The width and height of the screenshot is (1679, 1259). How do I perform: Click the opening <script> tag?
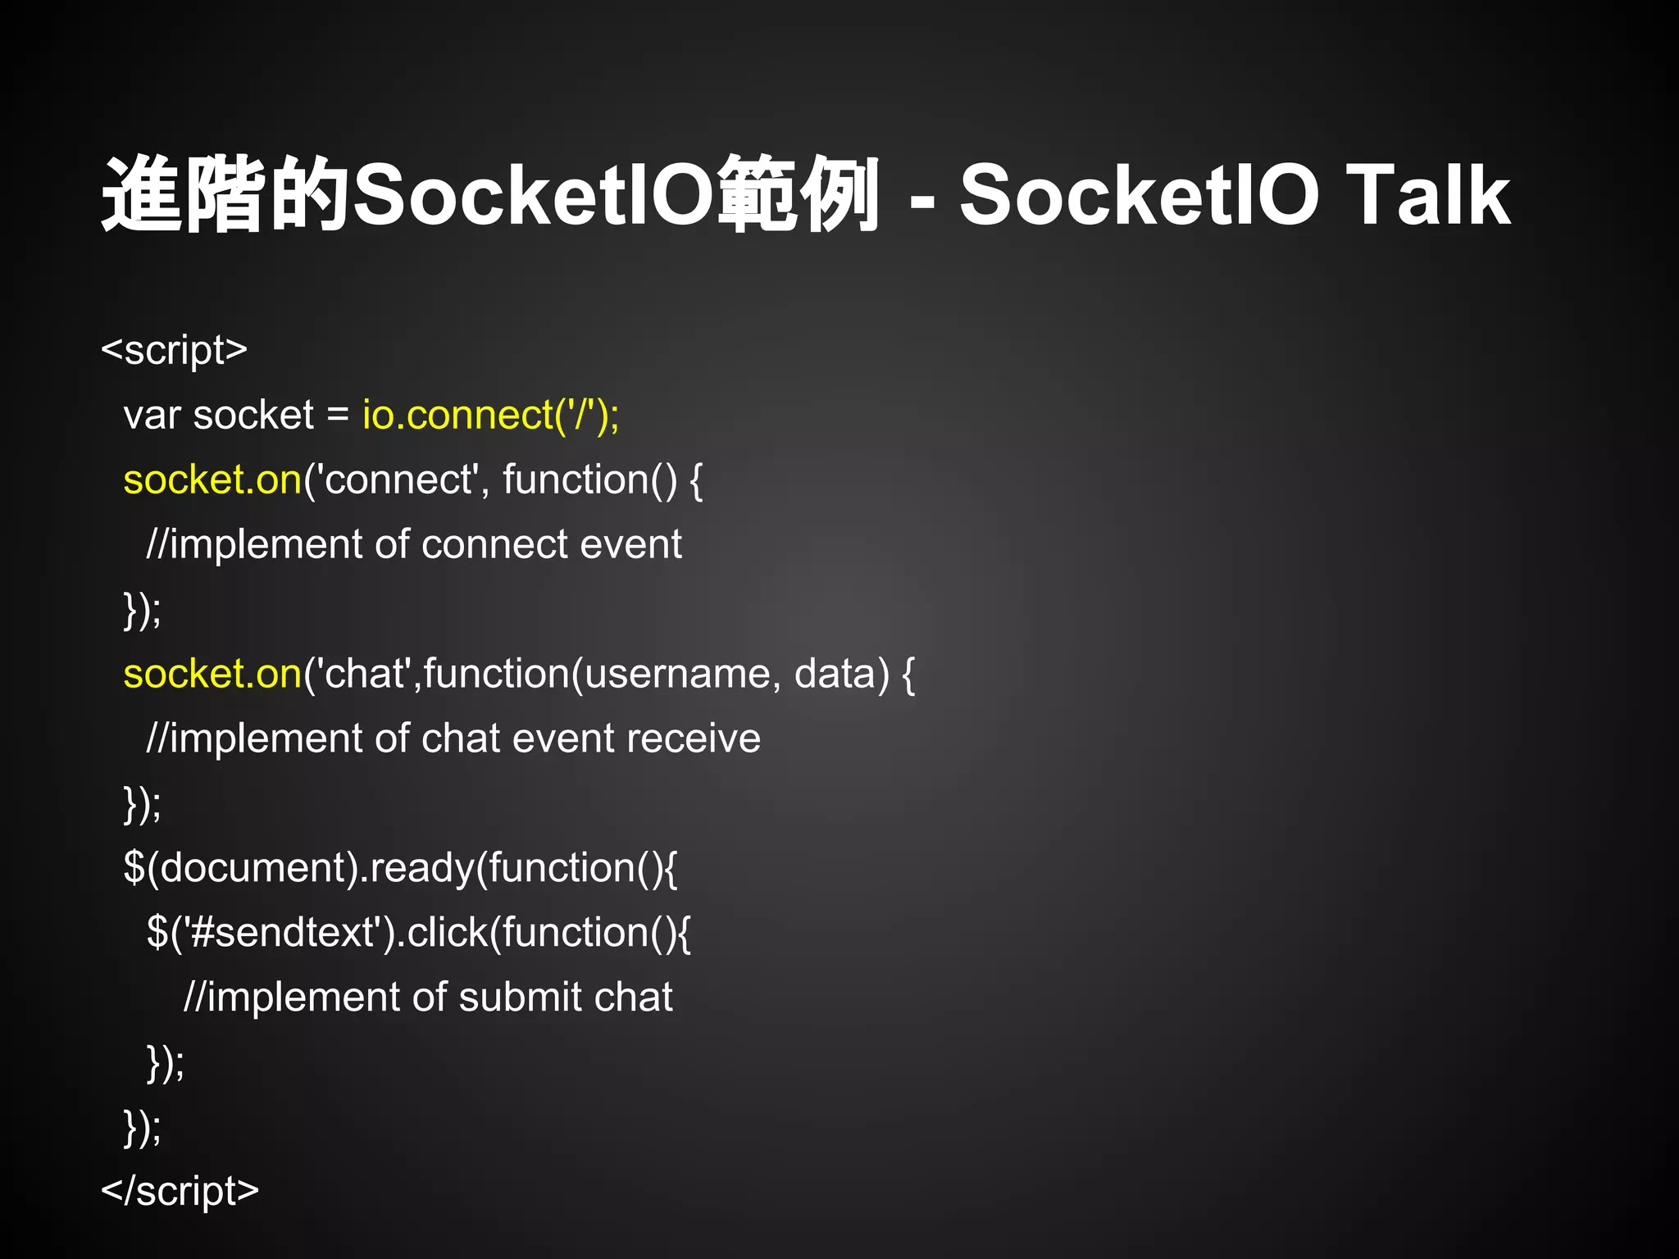[174, 350]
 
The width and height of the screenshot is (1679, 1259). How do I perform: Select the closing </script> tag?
[180, 1191]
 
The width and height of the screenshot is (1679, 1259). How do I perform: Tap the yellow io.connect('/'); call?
[490, 415]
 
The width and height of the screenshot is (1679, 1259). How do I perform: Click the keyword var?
[152, 416]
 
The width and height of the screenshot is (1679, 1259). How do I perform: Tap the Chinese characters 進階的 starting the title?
[225, 195]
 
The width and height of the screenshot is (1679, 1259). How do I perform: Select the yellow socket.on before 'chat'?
[212, 674]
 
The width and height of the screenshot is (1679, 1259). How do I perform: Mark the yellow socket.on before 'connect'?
[212, 480]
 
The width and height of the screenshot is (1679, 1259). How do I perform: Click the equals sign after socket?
[338, 416]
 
